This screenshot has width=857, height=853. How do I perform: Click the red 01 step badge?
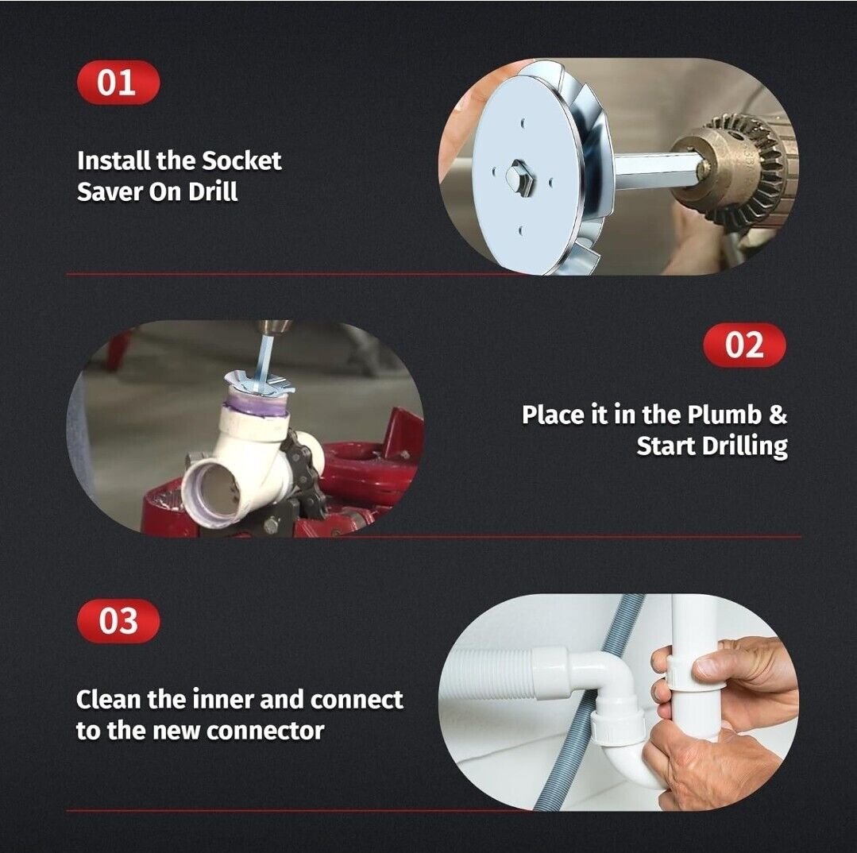118,83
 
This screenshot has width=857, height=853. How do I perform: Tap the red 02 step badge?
744,345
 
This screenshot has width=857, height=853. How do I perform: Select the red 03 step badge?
118,621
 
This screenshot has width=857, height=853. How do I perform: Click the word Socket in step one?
241,160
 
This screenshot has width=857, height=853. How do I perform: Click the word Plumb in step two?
724,415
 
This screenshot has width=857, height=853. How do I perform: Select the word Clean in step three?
108,700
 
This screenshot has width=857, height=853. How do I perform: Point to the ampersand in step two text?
778,415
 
